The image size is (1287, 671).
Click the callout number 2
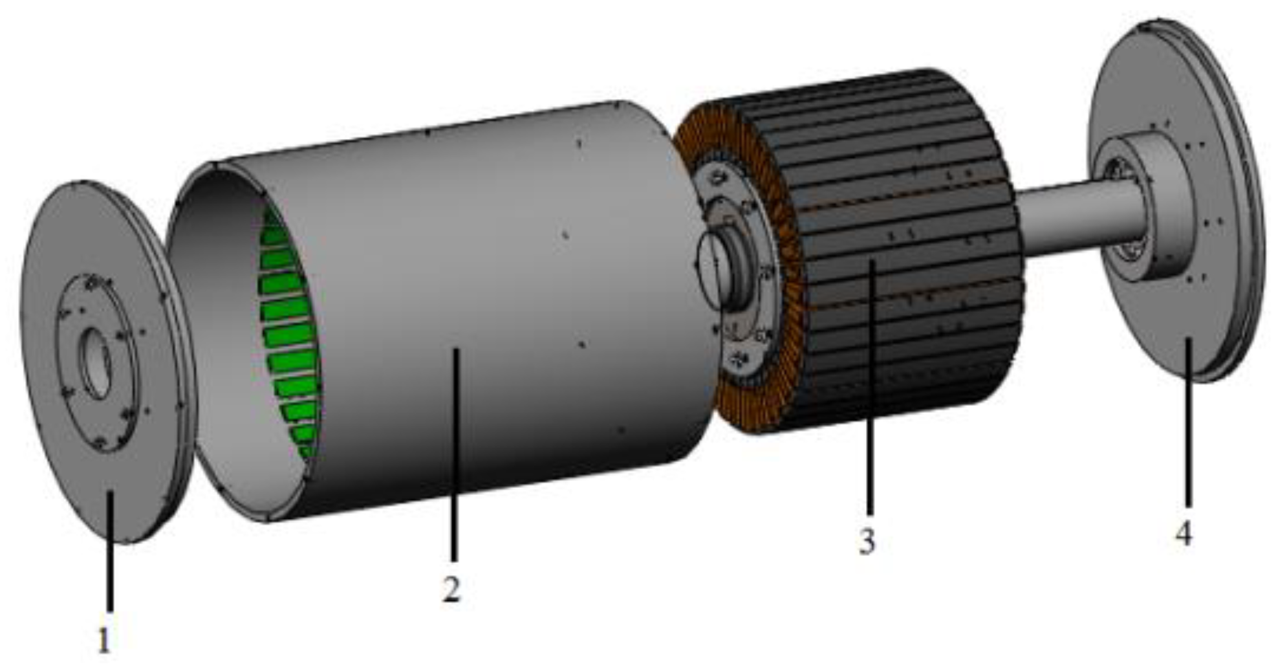[451, 589]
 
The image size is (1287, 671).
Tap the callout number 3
[867, 541]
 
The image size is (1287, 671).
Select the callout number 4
[1183, 533]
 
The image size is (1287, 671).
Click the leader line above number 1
[110, 550]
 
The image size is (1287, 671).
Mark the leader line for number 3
[871, 388]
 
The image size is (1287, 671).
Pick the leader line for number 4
[1187, 421]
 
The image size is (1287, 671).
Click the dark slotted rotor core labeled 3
[918, 194]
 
